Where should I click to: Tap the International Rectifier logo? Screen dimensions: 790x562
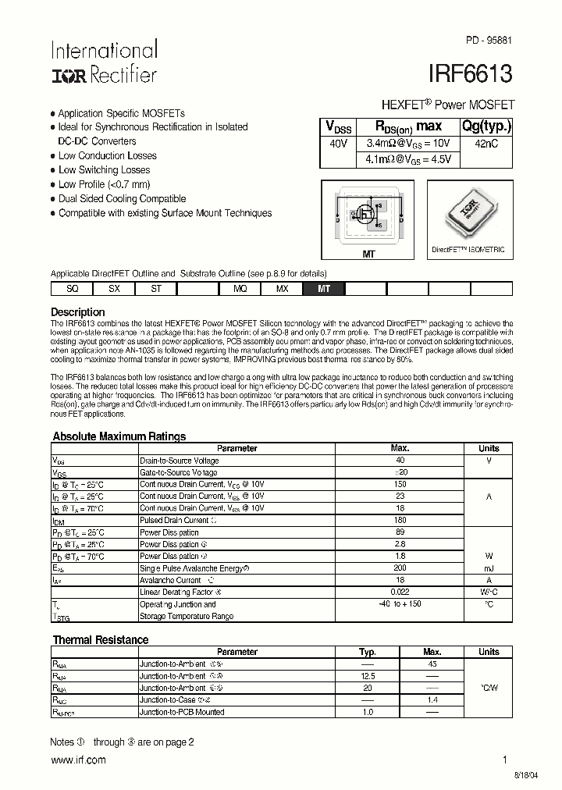[104, 62]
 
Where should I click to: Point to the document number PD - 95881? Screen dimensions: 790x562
[489, 39]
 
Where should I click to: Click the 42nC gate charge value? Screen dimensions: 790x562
[487, 144]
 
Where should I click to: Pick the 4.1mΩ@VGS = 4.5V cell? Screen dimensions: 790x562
[408, 159]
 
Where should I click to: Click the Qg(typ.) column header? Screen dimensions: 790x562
[487, 126]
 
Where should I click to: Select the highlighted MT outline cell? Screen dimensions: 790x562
[324, 289]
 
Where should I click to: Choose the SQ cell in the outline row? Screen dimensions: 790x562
[72, 289]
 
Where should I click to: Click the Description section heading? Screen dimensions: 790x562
[78, 312]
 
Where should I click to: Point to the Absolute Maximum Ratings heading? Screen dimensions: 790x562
[119, 436]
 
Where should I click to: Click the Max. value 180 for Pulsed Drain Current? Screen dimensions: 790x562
[400, 520]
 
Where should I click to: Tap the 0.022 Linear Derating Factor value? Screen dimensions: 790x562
[400, 592]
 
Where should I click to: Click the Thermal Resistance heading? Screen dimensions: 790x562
[100, 639]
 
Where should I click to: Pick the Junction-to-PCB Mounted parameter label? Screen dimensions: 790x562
[182, 712]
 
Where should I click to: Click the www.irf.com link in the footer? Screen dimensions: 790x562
[77, 760]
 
